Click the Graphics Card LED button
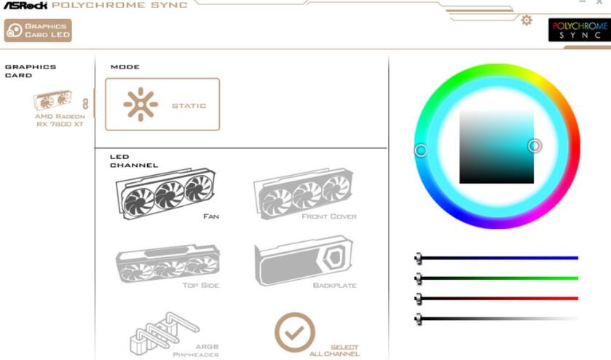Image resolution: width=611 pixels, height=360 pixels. [38, 31]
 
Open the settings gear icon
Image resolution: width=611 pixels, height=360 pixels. [527, 20]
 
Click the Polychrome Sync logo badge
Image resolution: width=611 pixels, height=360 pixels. [580, 30]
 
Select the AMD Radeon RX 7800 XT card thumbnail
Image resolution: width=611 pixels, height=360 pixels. [52, 100]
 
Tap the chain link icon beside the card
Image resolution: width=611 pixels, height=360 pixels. [85, 103]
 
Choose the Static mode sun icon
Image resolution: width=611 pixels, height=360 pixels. [141, 104]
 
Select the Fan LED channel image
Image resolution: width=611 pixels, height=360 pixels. [165, 193]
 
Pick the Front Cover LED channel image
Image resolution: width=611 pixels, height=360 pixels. [303, 193]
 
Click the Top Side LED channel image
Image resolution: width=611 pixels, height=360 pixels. [167, 263]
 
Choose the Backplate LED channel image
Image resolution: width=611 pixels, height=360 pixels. [304, 261]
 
